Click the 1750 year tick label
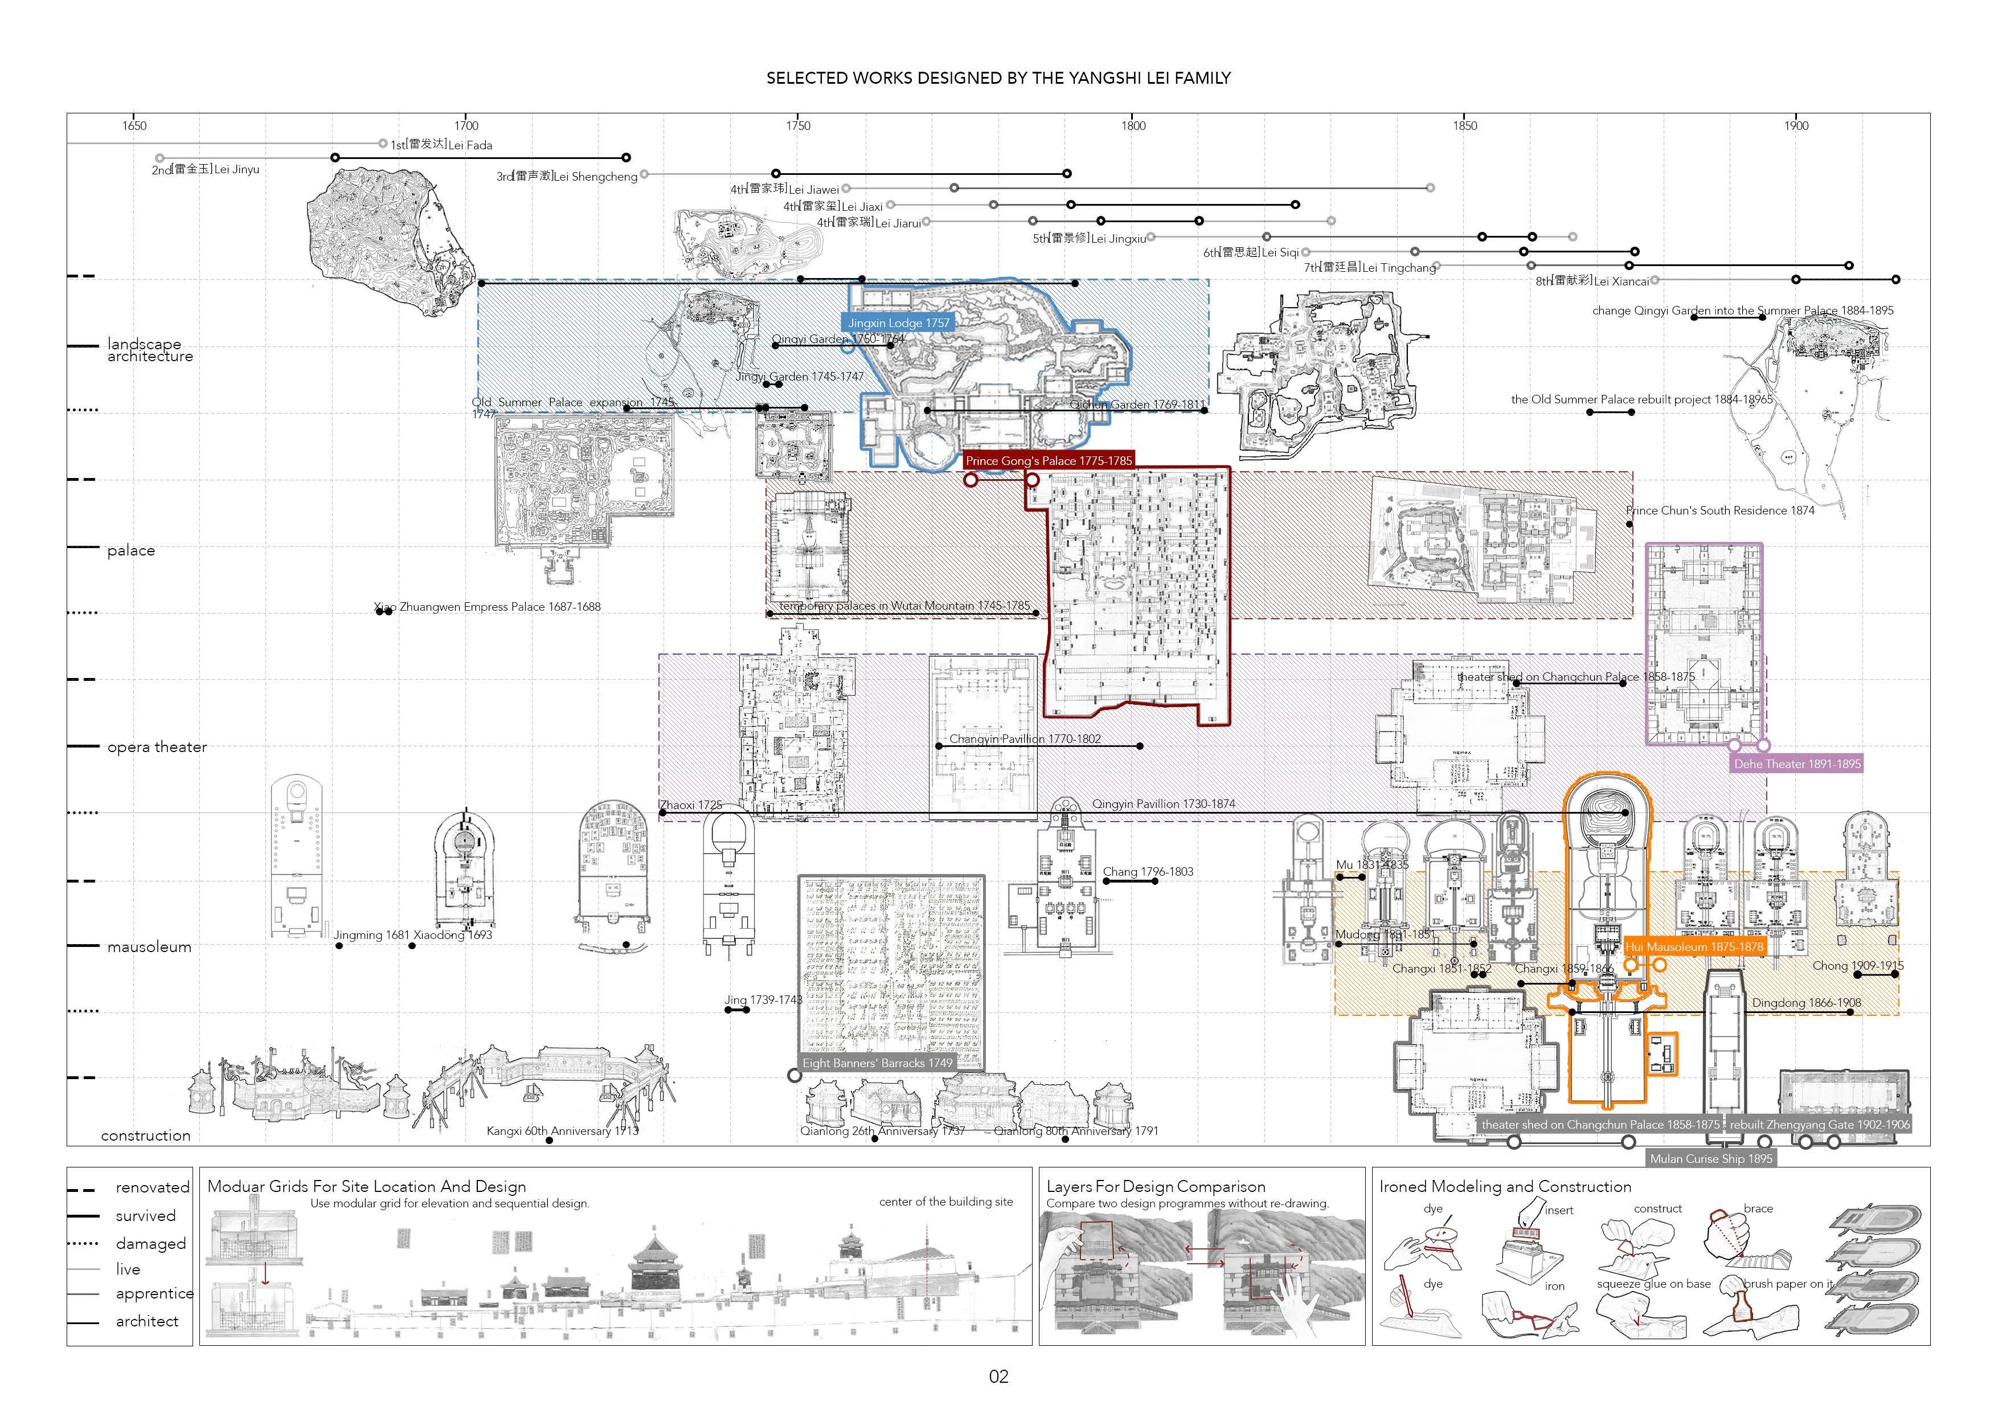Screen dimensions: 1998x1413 coord(797,125)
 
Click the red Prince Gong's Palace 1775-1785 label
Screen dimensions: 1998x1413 coord(1049,460)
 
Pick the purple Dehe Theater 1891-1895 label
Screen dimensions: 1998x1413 coord(1797,763)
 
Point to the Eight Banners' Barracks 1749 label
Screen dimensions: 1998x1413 coord(877,1063)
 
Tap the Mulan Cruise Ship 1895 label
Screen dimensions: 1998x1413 coord(1711,1158)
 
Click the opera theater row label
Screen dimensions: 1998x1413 coord(157,747)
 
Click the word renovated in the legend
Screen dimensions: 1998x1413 coord(152,1187)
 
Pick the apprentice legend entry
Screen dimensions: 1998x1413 coord(154,1294)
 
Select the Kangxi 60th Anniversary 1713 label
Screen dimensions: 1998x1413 coord(562,1131)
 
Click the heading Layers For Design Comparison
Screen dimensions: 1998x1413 coord(1156,1187)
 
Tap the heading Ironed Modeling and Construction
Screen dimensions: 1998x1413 coord(1505,1187)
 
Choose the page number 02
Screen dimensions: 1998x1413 coord(998,1377)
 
